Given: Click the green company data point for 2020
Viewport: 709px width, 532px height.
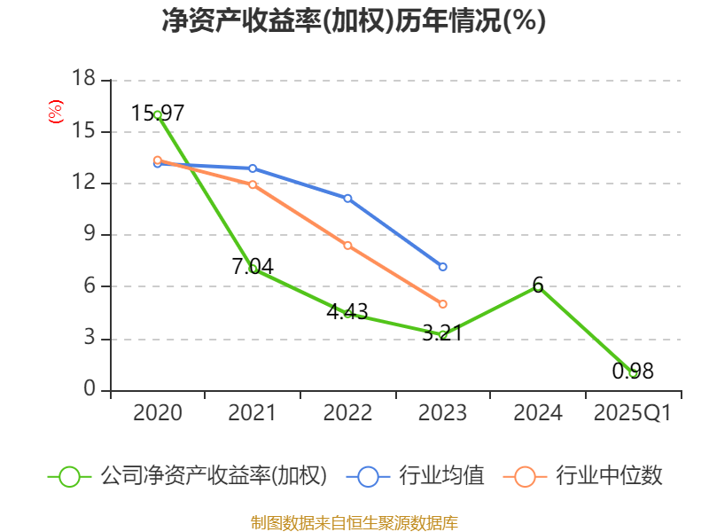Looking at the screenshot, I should [x=158, y=114].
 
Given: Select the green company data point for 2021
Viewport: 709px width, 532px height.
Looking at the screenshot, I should [x=253, y=269].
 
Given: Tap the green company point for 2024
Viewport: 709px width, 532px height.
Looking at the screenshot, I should [x=538, y=286].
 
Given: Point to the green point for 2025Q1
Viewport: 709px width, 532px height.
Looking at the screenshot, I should [x=633, y=373].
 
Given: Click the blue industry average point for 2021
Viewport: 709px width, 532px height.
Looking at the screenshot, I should [x=253, y=168].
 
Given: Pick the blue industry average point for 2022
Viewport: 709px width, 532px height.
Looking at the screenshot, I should [x=347, y=198].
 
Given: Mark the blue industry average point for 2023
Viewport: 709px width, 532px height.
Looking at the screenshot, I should [x=442, y=267].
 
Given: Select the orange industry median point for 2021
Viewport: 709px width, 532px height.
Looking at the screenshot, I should [x=253, y=184].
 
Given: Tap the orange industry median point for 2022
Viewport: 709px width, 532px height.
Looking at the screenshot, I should [x=347, y=245].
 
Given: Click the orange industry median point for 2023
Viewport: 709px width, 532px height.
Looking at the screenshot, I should [x=442, y=304].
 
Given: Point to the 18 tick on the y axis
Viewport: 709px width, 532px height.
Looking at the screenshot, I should [x=82, y=80].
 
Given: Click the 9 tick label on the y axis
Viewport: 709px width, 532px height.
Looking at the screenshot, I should [x=89, y=235].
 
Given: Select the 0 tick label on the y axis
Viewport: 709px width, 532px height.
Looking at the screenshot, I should [x=89, y=390].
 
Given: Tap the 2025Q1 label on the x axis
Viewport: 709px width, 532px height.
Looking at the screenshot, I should [x=633, y=413].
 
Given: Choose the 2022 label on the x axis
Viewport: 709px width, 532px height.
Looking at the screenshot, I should [x=347, y=413].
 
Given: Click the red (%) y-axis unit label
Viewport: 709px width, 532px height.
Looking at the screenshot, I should [x=55, y=113].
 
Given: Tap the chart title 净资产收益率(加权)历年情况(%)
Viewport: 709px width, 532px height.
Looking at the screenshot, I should [x=354, y=21].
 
